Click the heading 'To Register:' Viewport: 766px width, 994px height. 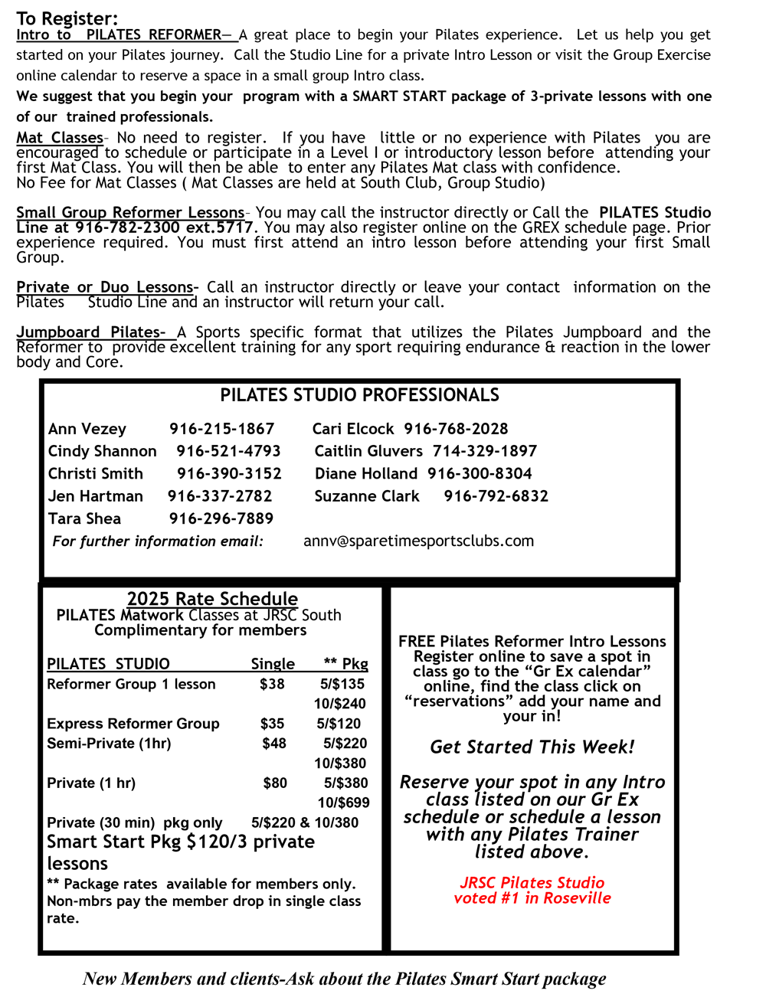click(x=67, y=18)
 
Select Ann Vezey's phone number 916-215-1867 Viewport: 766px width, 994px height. click(x=221, y=429)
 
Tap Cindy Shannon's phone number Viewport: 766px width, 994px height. click(x=228, y=451)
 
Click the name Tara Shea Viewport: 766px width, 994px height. click(x=84, y=518)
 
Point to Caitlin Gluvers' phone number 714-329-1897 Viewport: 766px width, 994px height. click(x=484, y=451)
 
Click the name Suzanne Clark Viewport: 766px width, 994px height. click(x=367, y=496)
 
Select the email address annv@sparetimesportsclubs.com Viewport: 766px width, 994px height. click(x=418, y=541)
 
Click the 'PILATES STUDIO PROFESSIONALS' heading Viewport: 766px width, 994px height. click(x=359, y=395)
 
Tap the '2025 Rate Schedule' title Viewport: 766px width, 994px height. click(x=212, y=599)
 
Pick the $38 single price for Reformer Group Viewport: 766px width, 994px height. click(x=272, y=684)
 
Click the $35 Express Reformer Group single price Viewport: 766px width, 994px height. click(x=272, y=724)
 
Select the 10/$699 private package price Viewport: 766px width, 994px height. click(x=343, y=803)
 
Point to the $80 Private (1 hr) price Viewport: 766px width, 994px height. click(x=275, y=783)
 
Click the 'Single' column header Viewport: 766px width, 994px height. click(x=273, y=664)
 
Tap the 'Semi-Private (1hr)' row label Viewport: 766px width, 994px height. click(x=109, y=744)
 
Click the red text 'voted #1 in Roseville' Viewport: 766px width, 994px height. click(x=532, y=898)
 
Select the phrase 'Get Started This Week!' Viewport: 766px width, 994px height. click(x=532, y=747)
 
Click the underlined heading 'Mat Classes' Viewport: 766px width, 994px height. click(x=60, y=138)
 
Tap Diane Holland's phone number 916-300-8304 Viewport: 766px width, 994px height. click(x=480, y=474)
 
